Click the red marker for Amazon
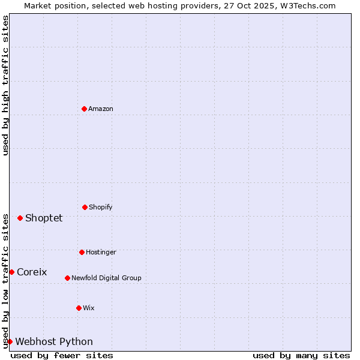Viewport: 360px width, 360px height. point(84,109)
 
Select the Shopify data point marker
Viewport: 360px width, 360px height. point(85,207)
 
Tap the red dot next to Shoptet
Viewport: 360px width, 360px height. point(20,218)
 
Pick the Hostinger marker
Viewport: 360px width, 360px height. point(82,252)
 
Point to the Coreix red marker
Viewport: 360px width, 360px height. point(11,272)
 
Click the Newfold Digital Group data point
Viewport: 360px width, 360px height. point(67,278)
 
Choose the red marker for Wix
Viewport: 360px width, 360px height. point(79,308)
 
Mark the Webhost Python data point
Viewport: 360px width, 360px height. point(10,341)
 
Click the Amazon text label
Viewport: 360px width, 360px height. point(101,109)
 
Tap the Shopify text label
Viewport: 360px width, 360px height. point(101,207)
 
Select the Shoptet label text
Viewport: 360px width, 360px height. point(44,218)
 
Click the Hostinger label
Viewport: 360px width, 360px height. point(101,252)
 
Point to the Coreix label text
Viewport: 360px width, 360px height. point(32,272)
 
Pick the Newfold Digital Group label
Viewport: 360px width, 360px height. point(106,278)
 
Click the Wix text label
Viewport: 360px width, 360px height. point(89,308)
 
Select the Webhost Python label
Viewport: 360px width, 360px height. point(54,341)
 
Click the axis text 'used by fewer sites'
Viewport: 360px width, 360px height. point(62,355)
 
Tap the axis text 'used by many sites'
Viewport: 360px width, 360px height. point(301,355)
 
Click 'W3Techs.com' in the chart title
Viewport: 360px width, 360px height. point(310,5)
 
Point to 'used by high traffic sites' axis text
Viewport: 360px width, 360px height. point(5,85)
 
